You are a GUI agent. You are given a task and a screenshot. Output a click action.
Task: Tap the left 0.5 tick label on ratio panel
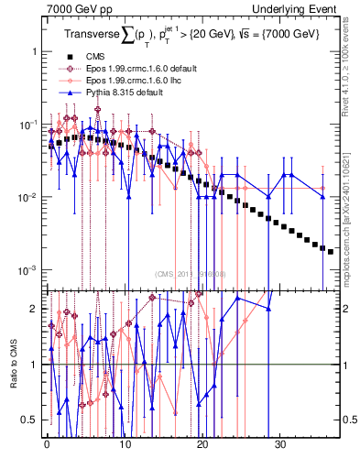coord(31,420)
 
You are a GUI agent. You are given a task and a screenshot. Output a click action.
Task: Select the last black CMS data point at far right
coord(331,250)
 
